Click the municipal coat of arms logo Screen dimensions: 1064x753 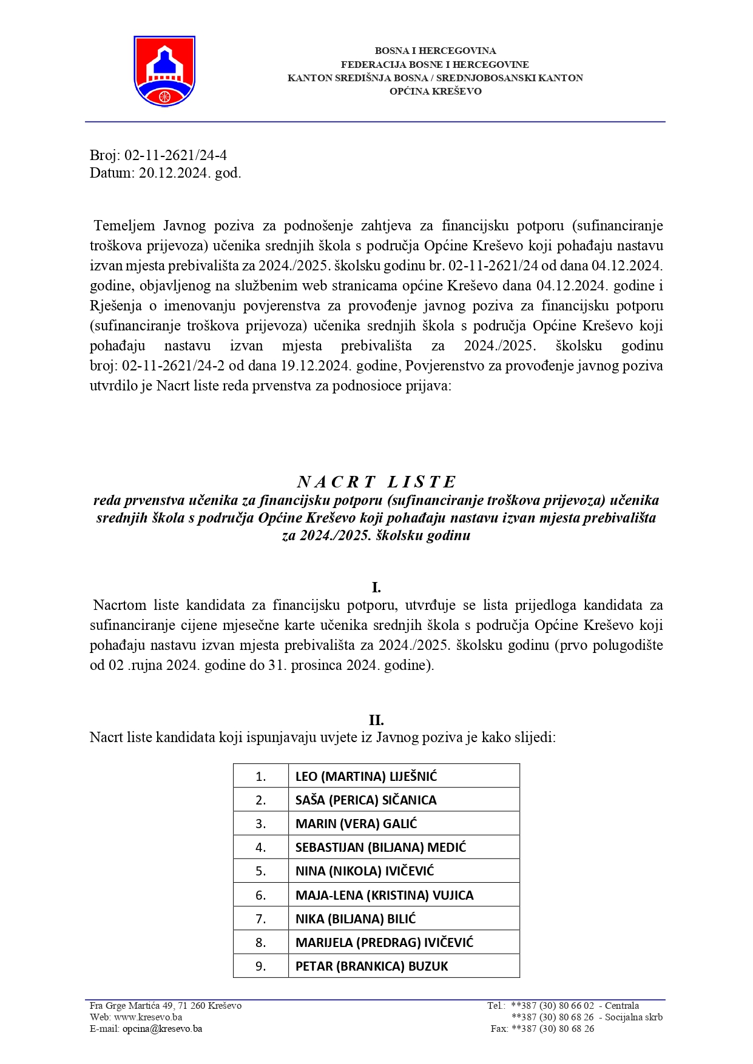click(164, 71)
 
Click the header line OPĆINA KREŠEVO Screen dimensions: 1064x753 click(435, 92)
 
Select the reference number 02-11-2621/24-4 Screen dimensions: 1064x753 click(175, 155)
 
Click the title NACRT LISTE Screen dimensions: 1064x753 click(376, 482)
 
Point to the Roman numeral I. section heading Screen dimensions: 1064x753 click(376, 587)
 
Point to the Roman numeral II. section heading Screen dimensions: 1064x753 click(376, 720)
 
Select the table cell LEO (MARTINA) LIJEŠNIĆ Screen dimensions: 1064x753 click(366, 777)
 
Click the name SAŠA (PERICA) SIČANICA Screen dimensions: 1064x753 click(366, 800)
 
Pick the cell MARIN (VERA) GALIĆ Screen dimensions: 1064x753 click(356, 824)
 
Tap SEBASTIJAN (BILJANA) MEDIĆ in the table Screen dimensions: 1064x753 click(380, 848)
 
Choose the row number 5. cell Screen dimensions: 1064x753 click(261, 872)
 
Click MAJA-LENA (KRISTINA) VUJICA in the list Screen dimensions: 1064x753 click(384, 895)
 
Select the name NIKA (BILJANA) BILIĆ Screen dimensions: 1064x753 click(356, 919)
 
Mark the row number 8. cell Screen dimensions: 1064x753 click(261, 943)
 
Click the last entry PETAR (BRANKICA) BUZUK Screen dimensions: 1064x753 click(371, 966)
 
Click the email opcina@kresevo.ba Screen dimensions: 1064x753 click(162, 1029)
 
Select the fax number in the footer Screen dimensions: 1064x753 click(553, 1029)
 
